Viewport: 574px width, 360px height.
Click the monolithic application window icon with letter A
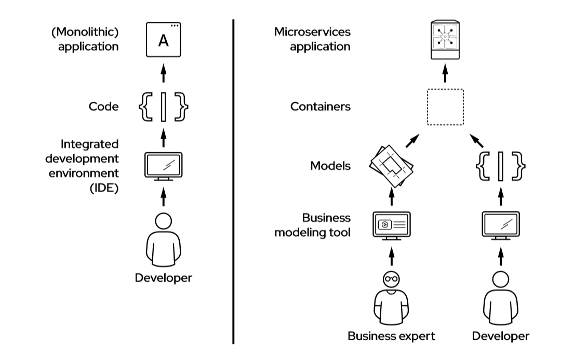(x=163, y=39)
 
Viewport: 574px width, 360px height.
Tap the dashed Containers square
(x=445, y=107)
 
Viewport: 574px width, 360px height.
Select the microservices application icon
(x=445, y=39)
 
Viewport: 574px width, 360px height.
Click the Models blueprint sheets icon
(x=391, y=167)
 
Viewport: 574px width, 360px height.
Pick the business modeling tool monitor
(x=392, y=225)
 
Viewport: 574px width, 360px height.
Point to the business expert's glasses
(x=392, y=279)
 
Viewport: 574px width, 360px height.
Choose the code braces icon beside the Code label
(x=163, y=107)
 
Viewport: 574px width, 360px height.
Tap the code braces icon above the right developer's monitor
(x=501, y=166)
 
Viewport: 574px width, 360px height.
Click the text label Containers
(x=321, y=107)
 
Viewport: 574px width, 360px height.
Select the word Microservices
(x=313, y=32)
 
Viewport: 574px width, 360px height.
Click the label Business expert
(x=392, y=336)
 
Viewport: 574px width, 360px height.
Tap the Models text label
(x=330, y=166)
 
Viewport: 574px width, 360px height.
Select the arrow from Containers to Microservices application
(x=445, y=75)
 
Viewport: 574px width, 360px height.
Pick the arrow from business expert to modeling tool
(x=392, y=256)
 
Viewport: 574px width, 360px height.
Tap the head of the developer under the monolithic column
(x=163, y=221)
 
